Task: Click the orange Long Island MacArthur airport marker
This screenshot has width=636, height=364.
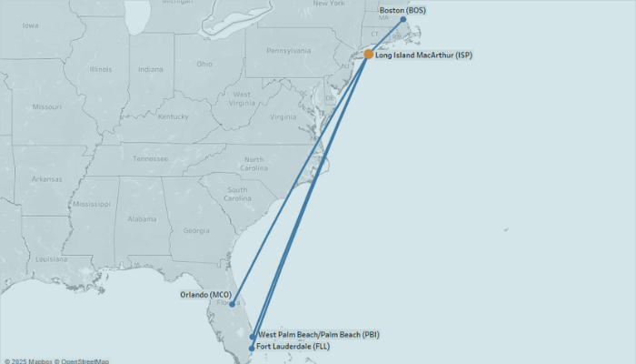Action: click(x=368, y=55)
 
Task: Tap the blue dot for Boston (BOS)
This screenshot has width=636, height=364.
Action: click(x=403, y=19)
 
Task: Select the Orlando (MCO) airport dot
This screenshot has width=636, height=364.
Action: click(x=233, y=304)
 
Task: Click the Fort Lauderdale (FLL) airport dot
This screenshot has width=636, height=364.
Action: click(x=252, y=348)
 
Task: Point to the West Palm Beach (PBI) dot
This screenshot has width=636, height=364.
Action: click(x=253, y=337)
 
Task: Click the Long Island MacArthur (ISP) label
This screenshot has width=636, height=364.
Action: click(x=423, y=56)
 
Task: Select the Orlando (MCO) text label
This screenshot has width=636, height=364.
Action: click(x=206, y=295)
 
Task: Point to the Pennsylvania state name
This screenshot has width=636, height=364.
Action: click(x=289, y=51)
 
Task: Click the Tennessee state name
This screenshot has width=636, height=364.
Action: click(x=151, y=158)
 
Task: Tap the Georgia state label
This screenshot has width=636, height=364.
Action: click(x=196, y=230)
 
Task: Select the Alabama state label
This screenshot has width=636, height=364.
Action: click(x=142, y=219)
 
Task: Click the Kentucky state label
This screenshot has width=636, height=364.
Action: click(x=173, y=116)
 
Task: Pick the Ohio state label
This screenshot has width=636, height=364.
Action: click(x=204, y=64)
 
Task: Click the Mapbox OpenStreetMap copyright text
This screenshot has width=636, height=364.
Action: click(x=56, y=360)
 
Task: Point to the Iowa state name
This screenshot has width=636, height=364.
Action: click(x=31, y=25)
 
